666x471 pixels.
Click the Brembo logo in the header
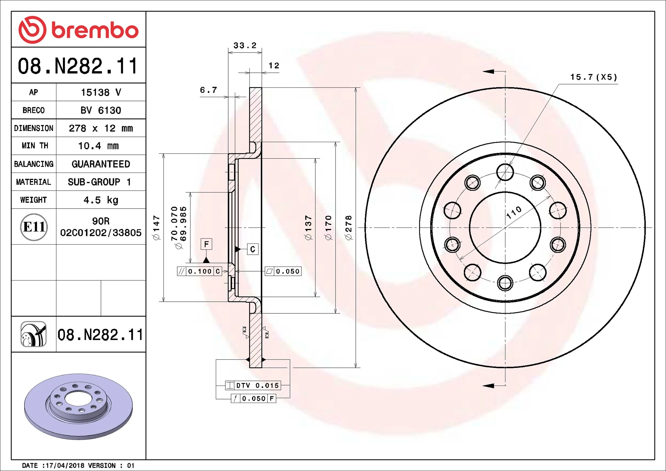(x=78, y=30)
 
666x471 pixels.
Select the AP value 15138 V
(x=101, y=92)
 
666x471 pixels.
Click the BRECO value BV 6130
(x=101, y=110)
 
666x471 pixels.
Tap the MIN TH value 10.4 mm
(x=98, y=146)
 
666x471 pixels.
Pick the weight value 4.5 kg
(x=101, y=200)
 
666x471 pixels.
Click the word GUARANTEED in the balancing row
(x=101, y=164)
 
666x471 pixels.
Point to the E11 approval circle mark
(x=34, y=227)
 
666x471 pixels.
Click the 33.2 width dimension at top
(x=245, y=46)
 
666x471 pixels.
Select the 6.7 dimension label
(x=209, y=90)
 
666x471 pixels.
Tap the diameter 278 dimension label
(x=349, y=228)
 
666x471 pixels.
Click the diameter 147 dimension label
(x=156, y=228)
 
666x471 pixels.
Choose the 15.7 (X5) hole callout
(x=594, y=77)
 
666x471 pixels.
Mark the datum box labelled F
(x=206, y=244)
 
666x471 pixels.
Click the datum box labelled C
(x=252, y=249)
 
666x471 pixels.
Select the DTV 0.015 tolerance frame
(x=253, y=386)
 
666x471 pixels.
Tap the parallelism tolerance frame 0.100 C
(x=199, y=271)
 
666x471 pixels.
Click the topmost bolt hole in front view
(x=505, y=172)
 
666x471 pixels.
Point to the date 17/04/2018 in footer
(x=65, y=466)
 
